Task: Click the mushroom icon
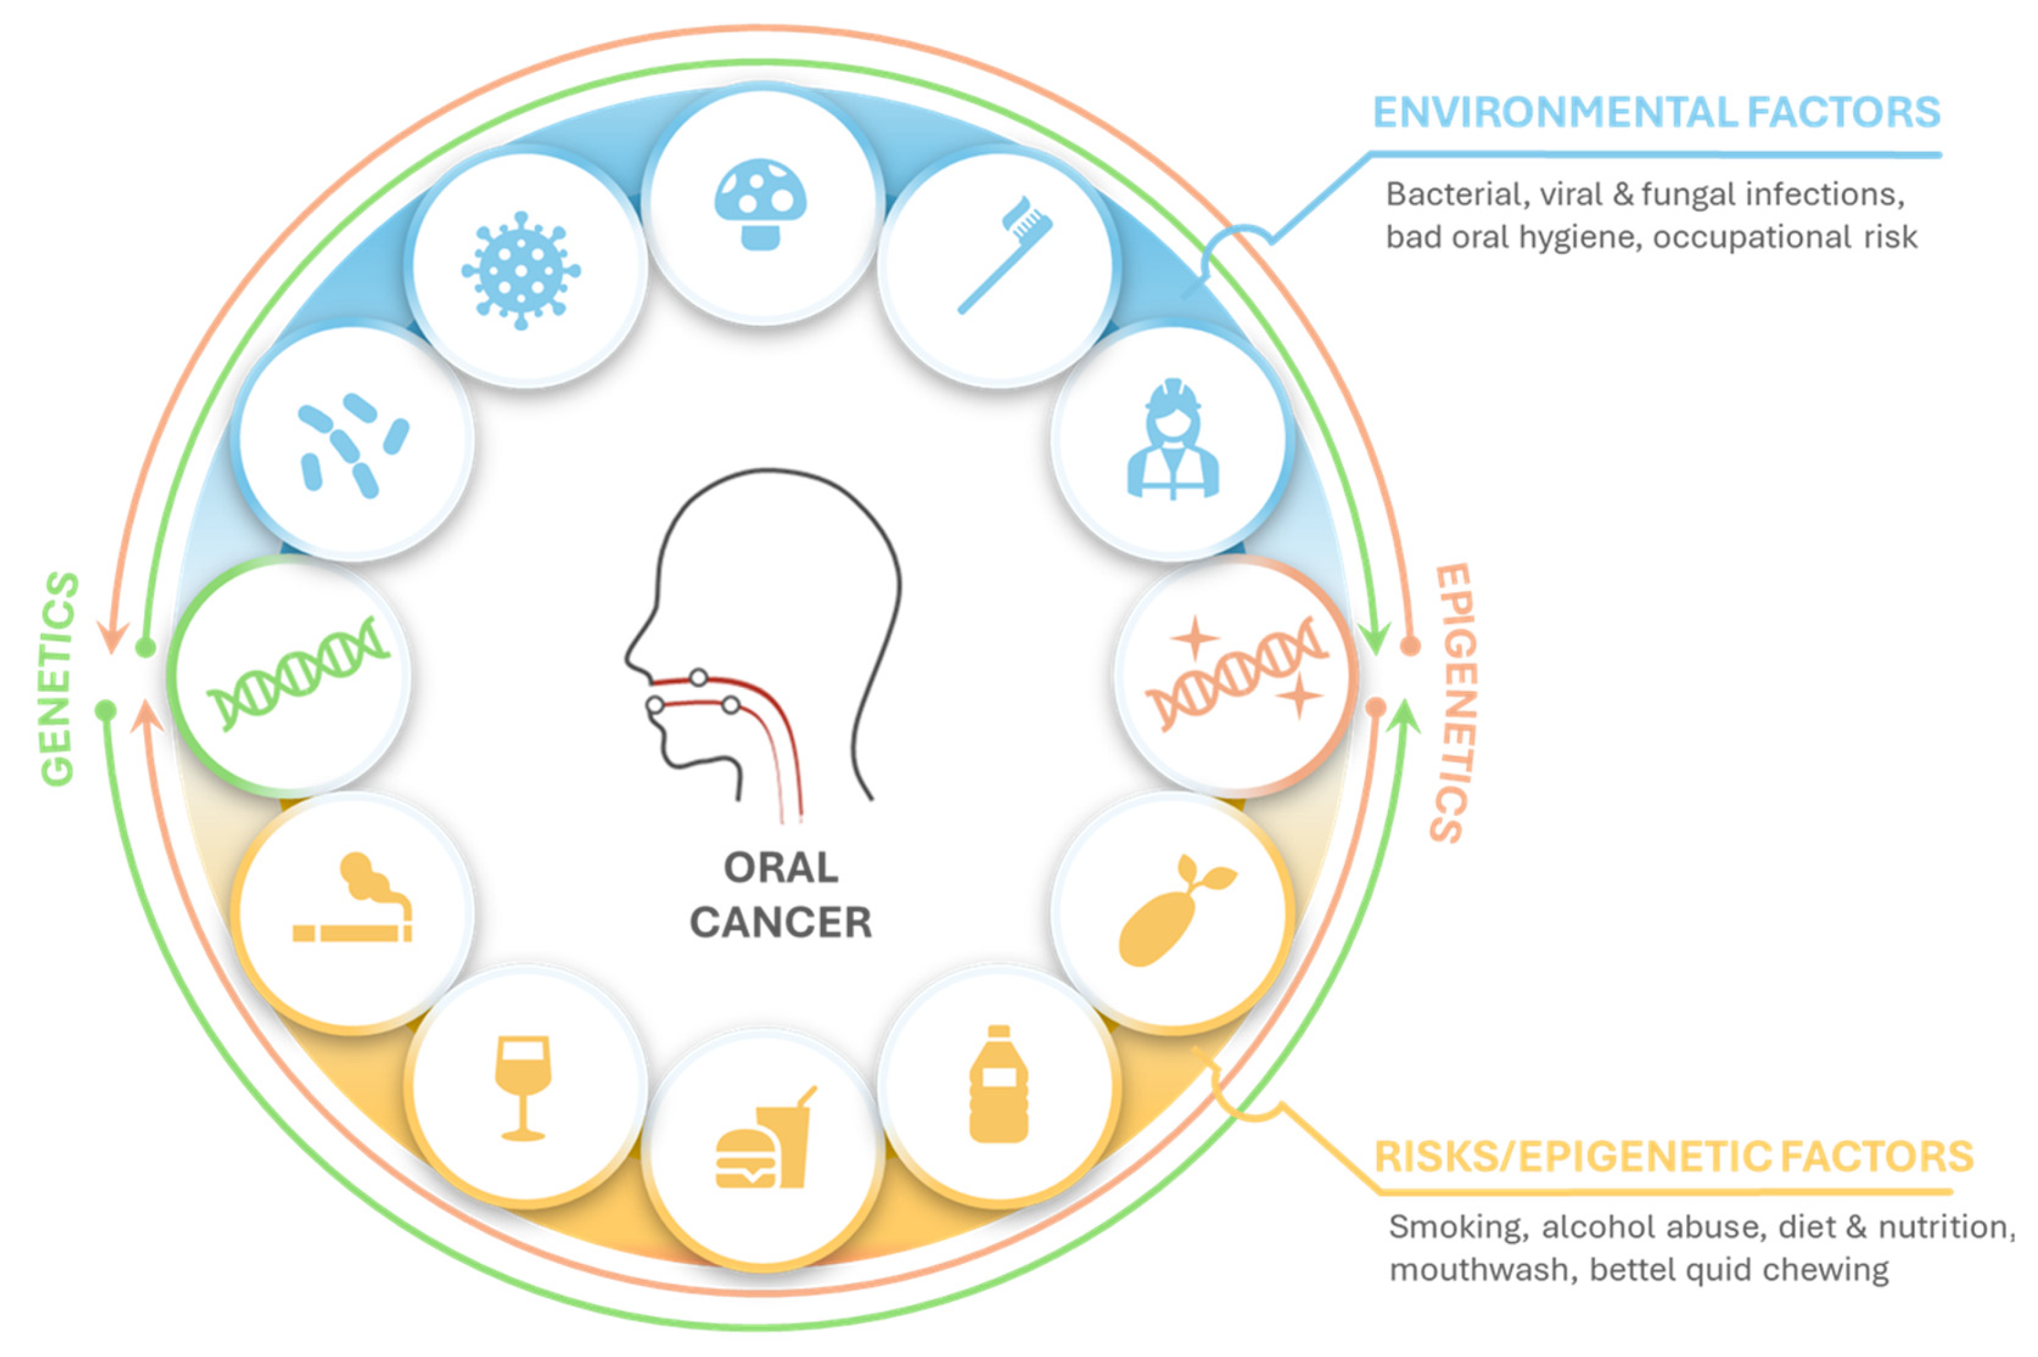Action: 759,204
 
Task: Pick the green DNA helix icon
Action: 297,673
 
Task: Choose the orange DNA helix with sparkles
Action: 1236,673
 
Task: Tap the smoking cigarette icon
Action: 352,899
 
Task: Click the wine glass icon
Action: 522,1087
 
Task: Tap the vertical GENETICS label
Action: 59,679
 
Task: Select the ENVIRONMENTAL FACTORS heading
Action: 1655,112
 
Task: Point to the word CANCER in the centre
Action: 780,923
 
